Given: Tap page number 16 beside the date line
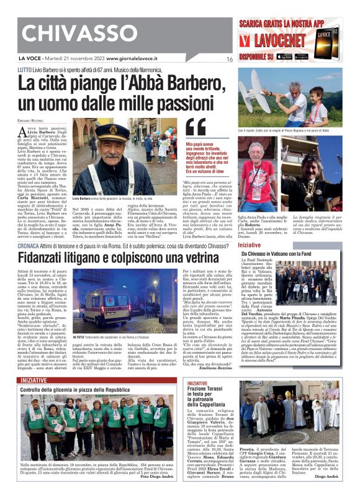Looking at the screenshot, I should (x=230, y=60).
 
